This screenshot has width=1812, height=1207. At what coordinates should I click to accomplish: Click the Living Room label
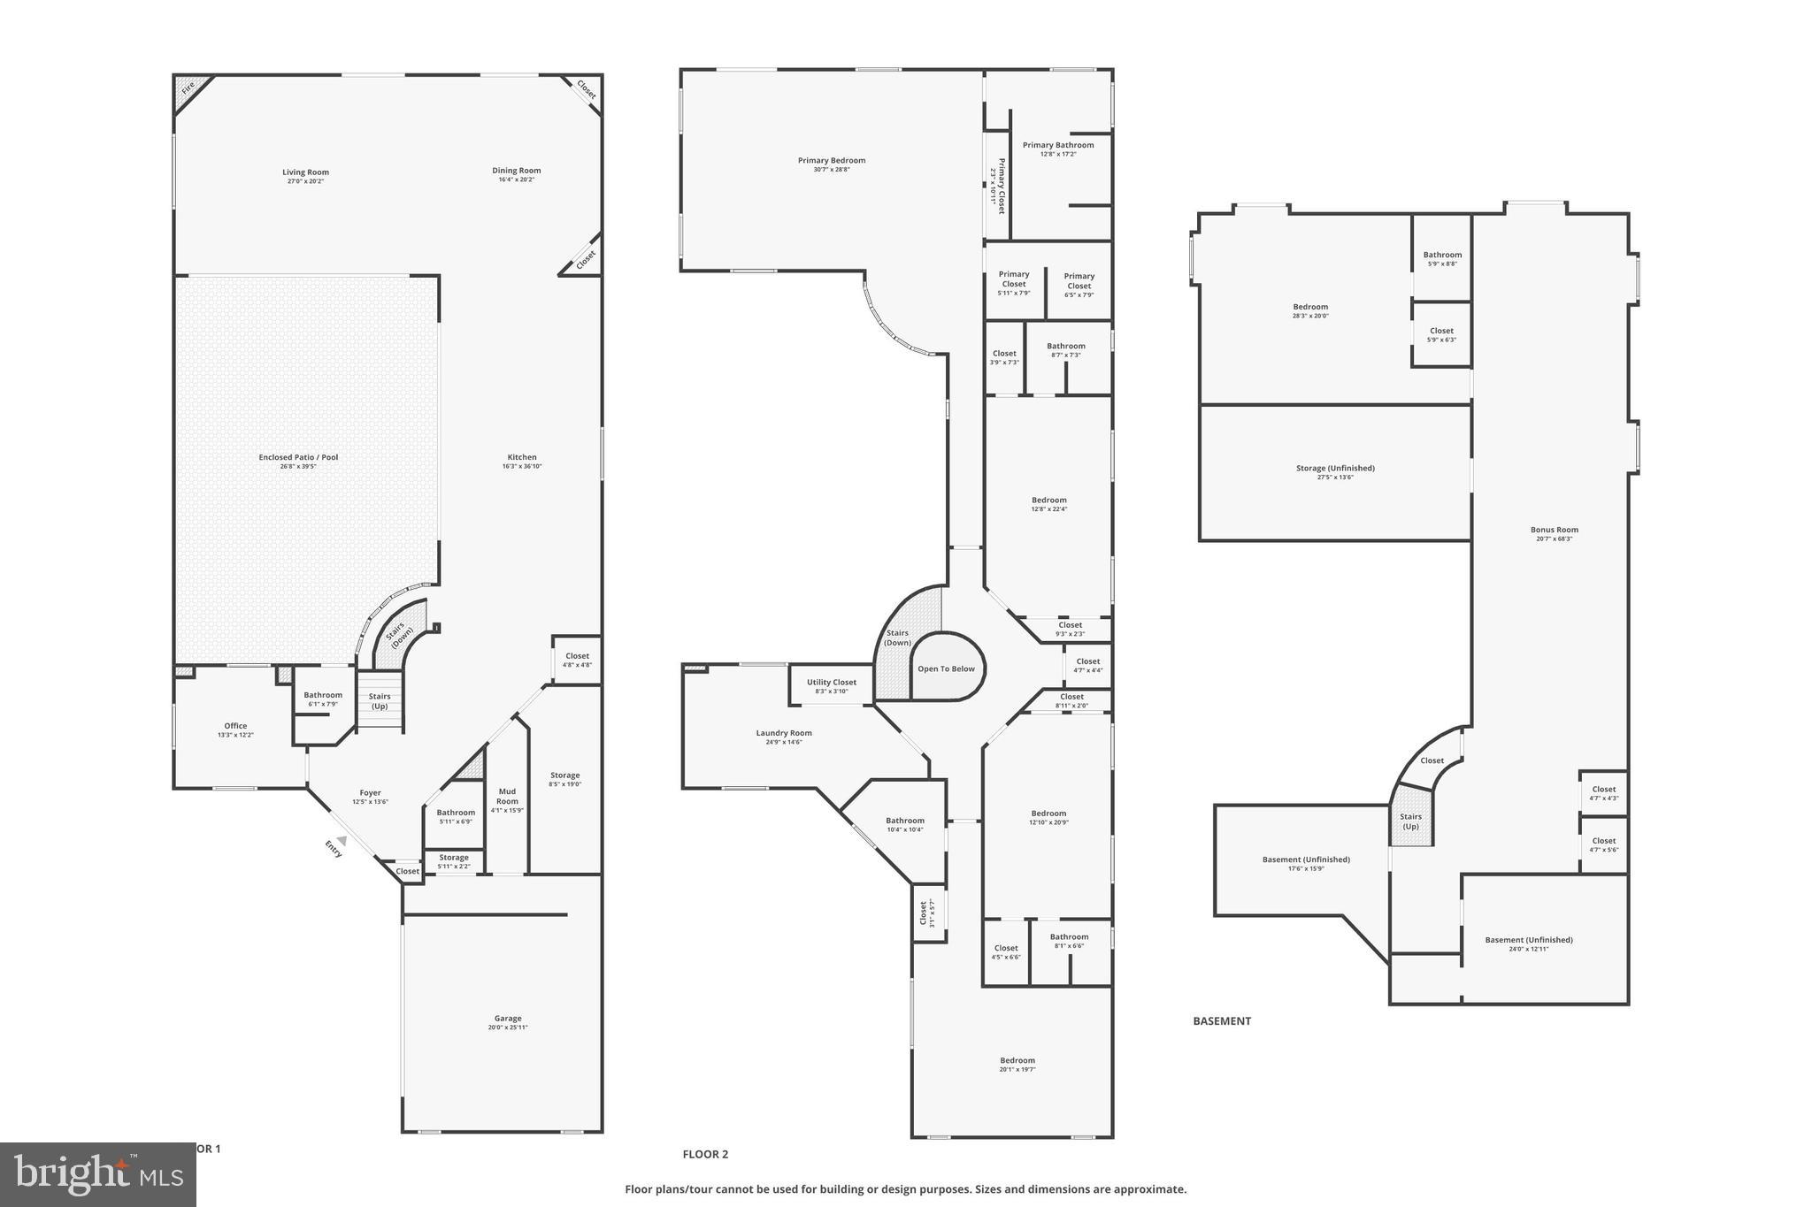[305, 172]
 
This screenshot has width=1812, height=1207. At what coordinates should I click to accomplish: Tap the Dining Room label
[517, 171]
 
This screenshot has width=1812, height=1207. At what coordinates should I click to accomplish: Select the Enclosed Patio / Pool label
[298, 457]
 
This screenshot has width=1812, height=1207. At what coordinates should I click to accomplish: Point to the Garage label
[508, 1019]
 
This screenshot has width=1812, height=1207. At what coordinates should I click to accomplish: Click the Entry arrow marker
[340, 841]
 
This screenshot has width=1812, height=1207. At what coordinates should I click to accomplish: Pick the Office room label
[235, 726]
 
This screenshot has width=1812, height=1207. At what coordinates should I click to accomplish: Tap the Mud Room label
[507, 796]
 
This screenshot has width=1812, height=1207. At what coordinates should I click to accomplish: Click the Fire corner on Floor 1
[188, 88]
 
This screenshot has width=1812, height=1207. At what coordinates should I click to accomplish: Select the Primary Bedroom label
[832, 161]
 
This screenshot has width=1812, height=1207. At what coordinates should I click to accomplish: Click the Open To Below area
[947, 668]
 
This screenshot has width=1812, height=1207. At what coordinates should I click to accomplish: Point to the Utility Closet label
[832, 683]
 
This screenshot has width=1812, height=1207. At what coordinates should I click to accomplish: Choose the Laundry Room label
[784, 733]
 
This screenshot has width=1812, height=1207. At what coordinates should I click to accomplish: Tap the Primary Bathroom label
[1058, 145]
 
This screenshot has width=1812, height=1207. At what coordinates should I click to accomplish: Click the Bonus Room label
[1555, 531]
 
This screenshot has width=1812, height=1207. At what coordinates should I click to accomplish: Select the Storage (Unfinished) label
[1335, 469]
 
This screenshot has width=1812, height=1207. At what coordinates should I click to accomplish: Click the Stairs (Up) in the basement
[1410, 821]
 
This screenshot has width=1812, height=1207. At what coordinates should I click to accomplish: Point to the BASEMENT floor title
[1222, 1021]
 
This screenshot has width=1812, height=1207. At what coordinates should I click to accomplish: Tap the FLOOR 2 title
[705, 1154]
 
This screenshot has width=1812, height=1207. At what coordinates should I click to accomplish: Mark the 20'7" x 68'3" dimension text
[1555, 539]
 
